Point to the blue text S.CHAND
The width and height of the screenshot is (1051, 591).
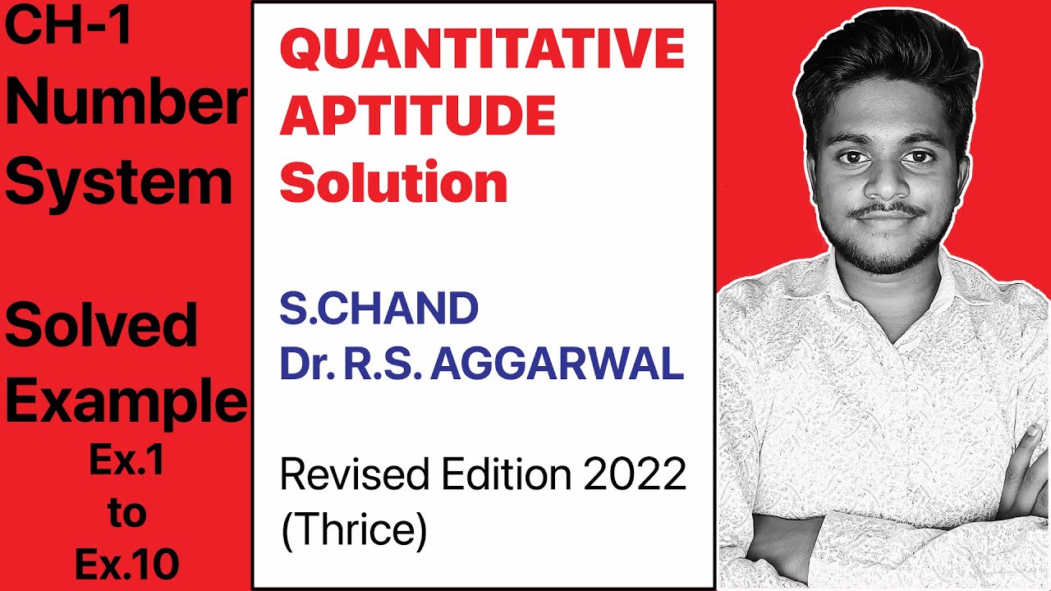click(x=379, y=309)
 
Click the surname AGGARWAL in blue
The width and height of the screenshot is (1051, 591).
click(x=557, y=364)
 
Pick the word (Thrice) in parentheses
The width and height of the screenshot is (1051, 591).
click(x=354, y=530)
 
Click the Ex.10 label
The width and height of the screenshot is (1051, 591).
click(x=126, y=564)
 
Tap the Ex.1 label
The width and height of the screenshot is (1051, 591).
click(x=126, y=462)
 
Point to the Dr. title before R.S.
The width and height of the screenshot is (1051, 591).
click(x=305, y=364)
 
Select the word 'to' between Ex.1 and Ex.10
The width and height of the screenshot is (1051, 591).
click(x=126, y=514)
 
